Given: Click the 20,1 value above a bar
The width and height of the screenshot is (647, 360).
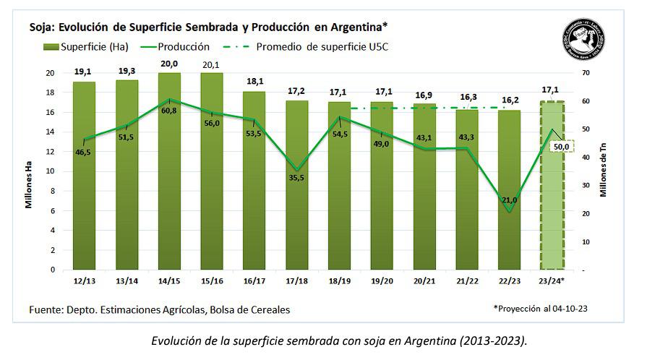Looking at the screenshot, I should point(212,65).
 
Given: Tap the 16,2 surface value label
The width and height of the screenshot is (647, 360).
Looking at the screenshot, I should point(510,103).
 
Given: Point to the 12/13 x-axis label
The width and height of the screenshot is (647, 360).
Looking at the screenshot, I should point(84,279).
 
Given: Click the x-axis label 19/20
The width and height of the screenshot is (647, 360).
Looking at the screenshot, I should point(382,279).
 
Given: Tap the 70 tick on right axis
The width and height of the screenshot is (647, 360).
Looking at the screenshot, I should point(586,73).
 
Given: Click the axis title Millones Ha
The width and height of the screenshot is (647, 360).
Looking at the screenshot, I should point(30,184).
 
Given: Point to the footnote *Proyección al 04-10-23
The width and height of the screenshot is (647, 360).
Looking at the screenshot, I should point(539,308).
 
